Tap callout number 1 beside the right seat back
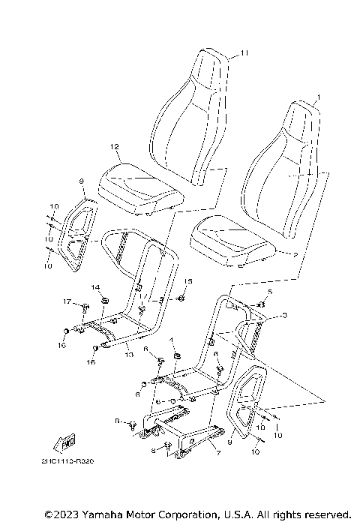tap(317, 98)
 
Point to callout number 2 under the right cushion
tap(295, 255)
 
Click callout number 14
tap(95, 287)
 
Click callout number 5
tap(271, 291)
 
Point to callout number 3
tap(284, 316)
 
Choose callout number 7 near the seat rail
tap(217, 454)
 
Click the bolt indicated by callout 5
tap(262, 304)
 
